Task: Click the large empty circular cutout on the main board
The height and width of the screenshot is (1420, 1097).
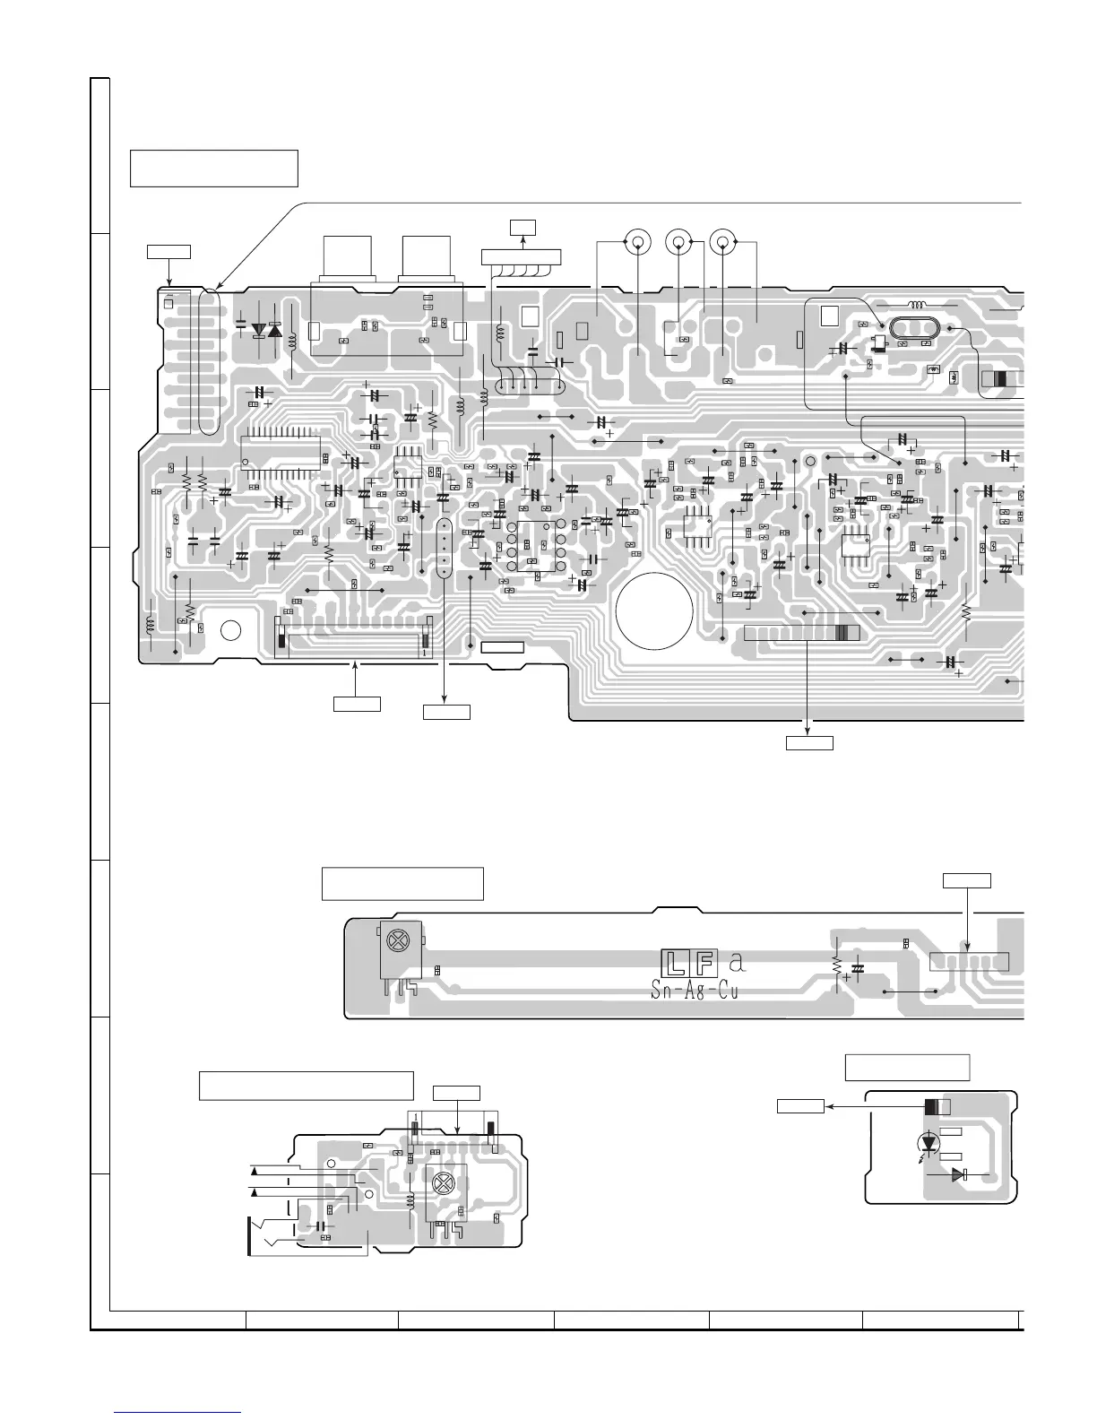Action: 654,610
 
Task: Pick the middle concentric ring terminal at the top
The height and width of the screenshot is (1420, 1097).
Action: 678,242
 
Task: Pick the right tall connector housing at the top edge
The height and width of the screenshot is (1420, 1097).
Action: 428,260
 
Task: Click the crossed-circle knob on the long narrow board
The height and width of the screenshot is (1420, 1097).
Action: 397,941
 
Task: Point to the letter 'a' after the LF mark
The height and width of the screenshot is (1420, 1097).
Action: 737,964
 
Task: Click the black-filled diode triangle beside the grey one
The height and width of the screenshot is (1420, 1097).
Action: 275,331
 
